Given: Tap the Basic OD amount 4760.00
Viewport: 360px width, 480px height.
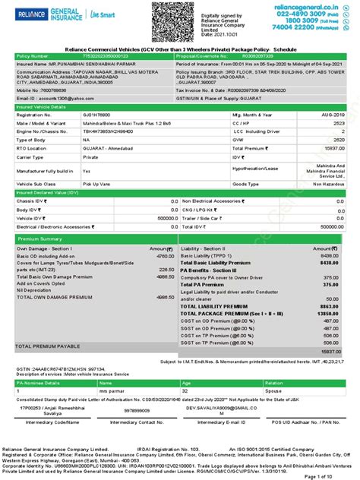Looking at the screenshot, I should [x=164, y=256].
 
